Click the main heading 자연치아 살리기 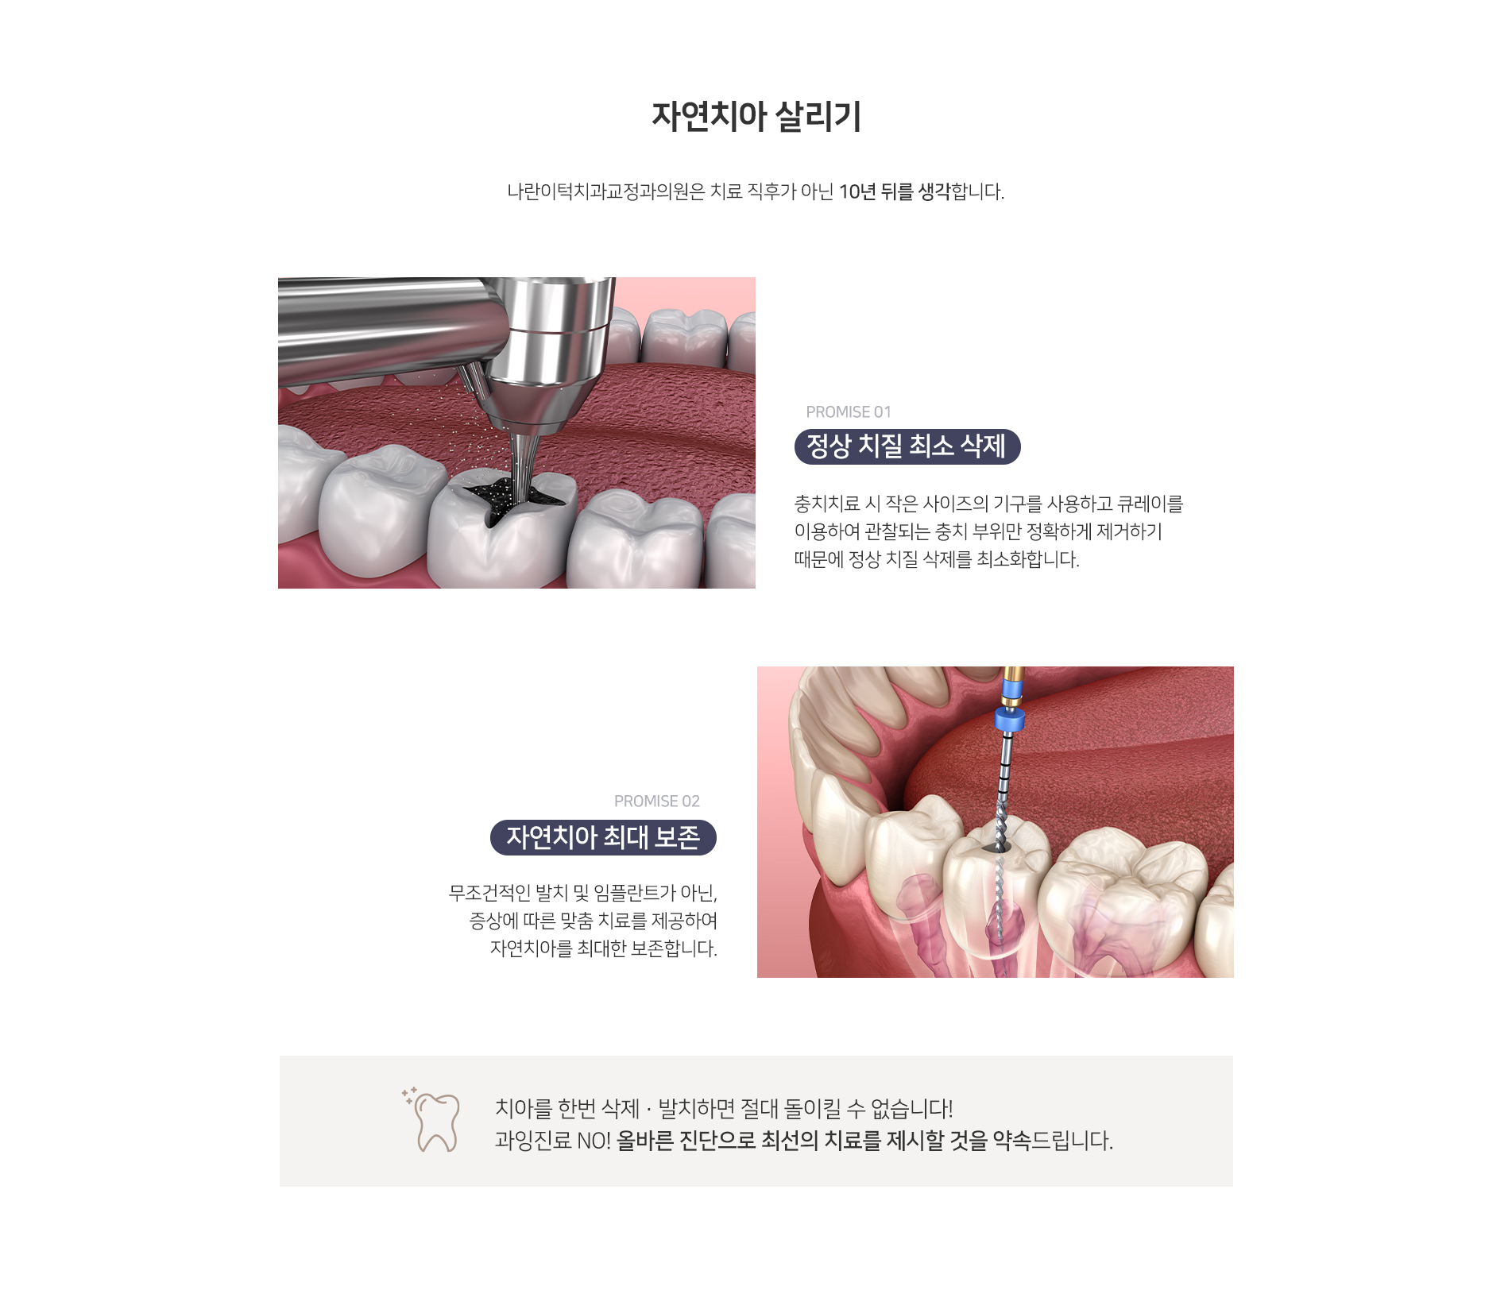pos(756,117)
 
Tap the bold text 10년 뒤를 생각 pos(894,191)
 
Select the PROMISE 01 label pos(849,412)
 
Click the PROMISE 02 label pos(657,801)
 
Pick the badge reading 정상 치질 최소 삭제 pos(907,446)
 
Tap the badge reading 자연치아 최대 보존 pos(603,837)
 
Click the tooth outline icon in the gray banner pos(432,1120)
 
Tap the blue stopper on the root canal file pos(1009,720)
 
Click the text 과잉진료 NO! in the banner pos(553,1141)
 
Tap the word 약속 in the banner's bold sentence pos(1011,1141)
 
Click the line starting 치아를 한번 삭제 pos(724,1108)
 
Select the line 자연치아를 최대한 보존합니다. pos(604,948)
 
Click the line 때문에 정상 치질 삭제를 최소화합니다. pos(937,559)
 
